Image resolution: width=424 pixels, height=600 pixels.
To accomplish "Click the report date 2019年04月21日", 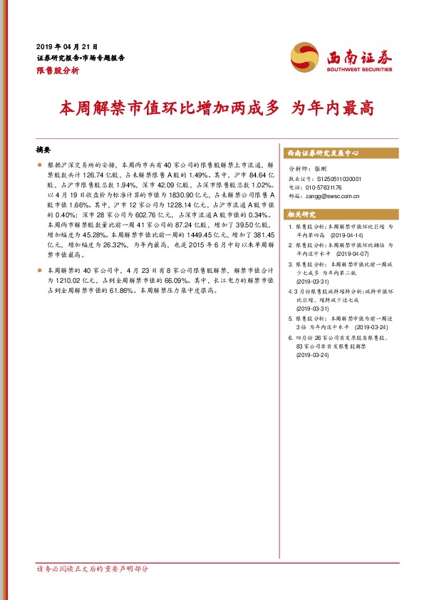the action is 66,46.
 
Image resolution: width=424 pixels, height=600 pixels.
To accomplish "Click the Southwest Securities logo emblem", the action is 306,58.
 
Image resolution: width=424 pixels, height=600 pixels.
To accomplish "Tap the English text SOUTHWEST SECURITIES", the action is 359,69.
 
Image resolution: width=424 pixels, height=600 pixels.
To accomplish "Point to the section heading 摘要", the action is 43,152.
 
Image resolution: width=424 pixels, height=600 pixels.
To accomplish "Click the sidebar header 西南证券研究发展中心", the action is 322,153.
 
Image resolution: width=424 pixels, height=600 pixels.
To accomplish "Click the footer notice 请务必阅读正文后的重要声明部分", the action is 93,569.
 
